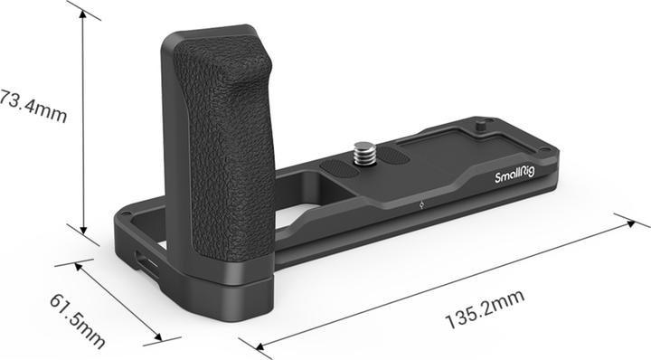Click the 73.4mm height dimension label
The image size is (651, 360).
pyautogui.click(x=33, y=106)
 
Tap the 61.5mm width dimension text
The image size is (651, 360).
pyautogui.click(x=77, y=321)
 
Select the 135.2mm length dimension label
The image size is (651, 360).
pyautogui.click(x=485, y=309)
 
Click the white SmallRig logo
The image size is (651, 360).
pyautogui.click(x=514, y=175)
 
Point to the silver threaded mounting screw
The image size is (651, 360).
pyautogui.click(x=364, y=153)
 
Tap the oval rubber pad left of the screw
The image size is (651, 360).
pyautogui.click(x=339, y=168)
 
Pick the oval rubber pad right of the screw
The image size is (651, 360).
pyautogui.click(x=392, y=156)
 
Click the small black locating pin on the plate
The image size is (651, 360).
pyautogui.click(x=480, y=127)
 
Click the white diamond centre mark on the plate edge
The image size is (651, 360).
pyautogui.click(x=421, y=204)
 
